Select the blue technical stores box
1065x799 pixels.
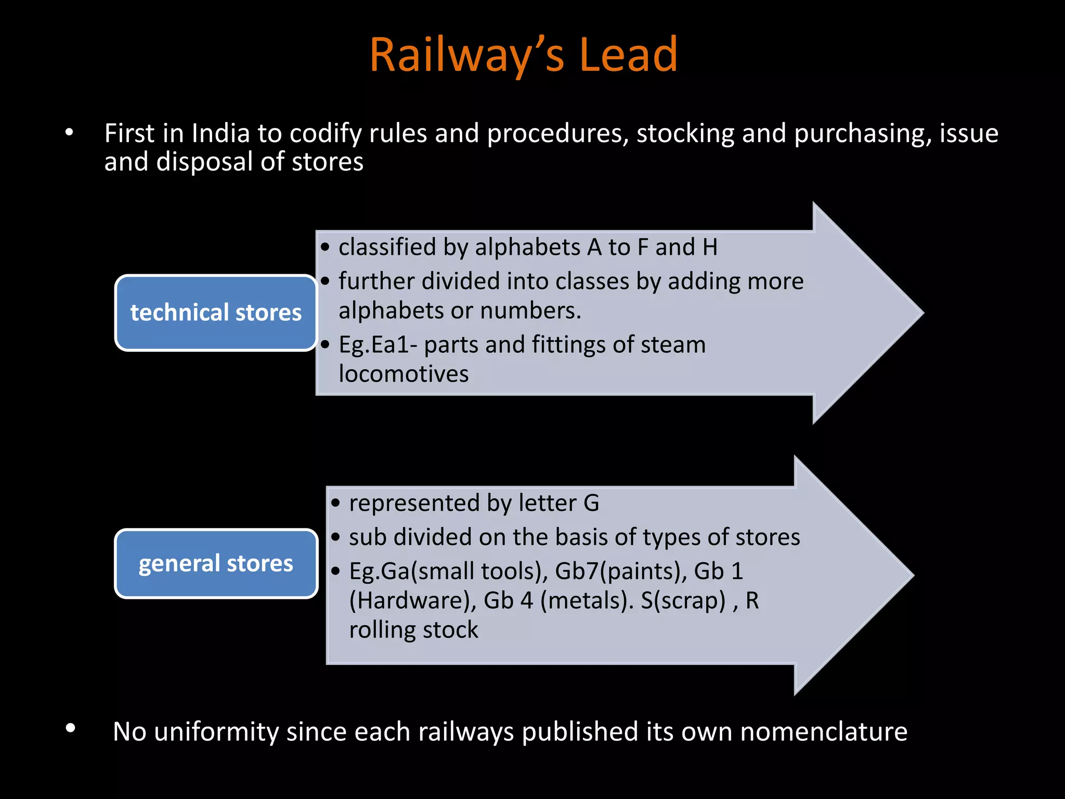tap(216, 313)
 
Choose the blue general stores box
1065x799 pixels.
tap(216, 563)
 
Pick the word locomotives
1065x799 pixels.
tap(404, 373)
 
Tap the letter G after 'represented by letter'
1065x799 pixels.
tap(591, 503)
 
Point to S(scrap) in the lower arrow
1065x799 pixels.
tap(683, 600)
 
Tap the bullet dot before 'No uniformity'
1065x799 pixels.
tap(71, 728)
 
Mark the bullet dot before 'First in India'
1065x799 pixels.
tap(69, 133)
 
